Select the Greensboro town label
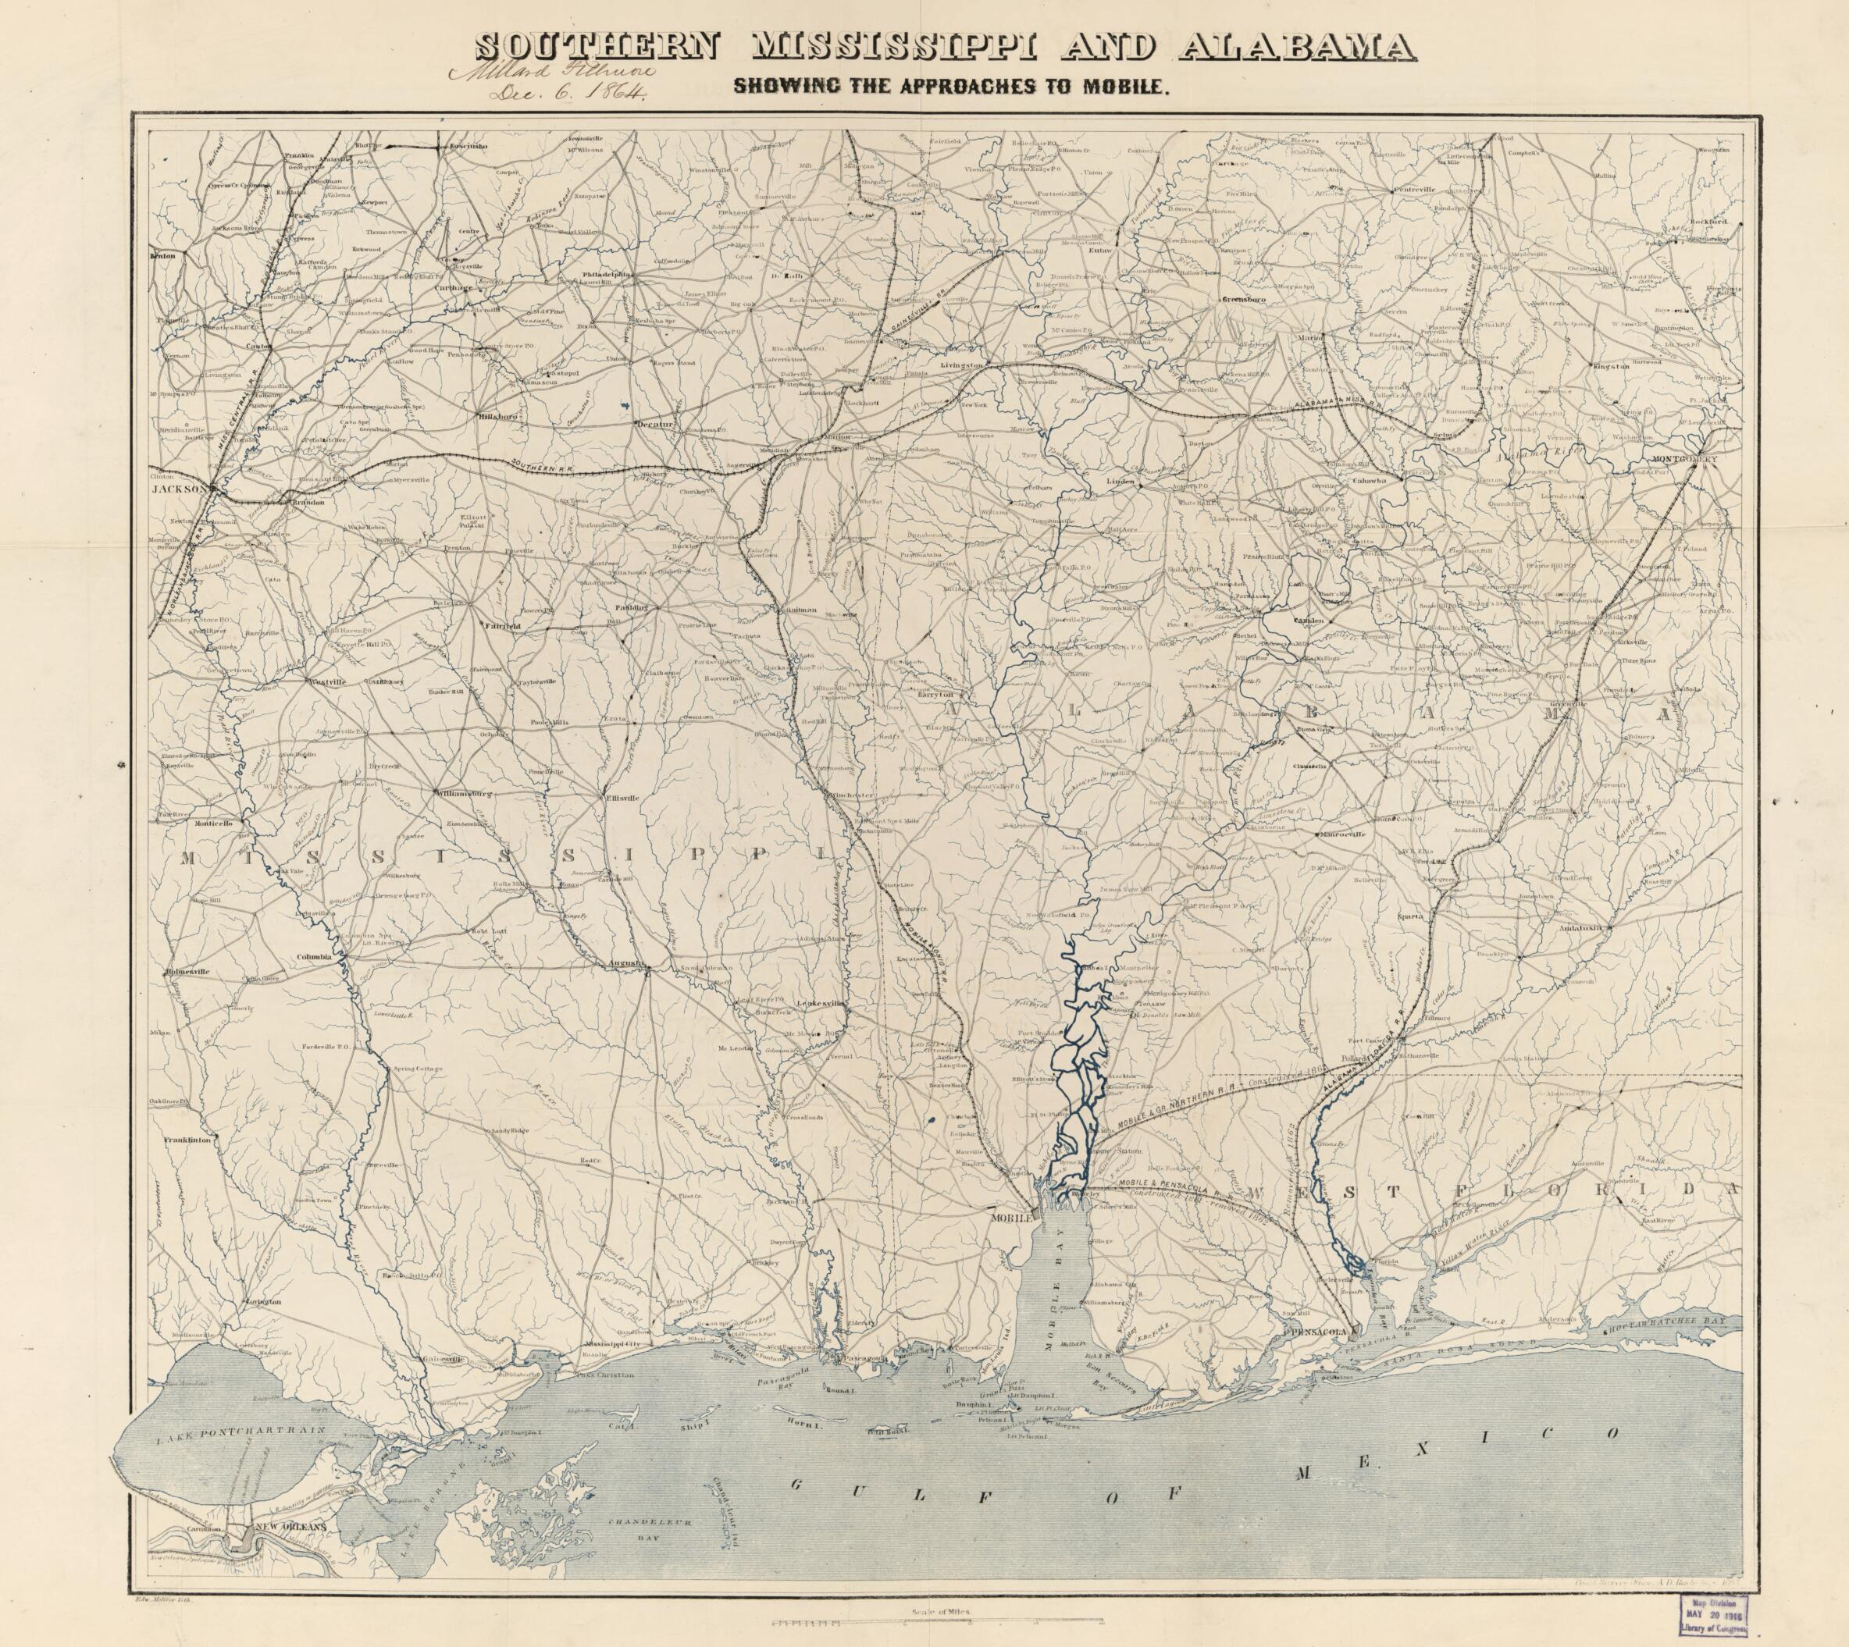(x=1245, y=299)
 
